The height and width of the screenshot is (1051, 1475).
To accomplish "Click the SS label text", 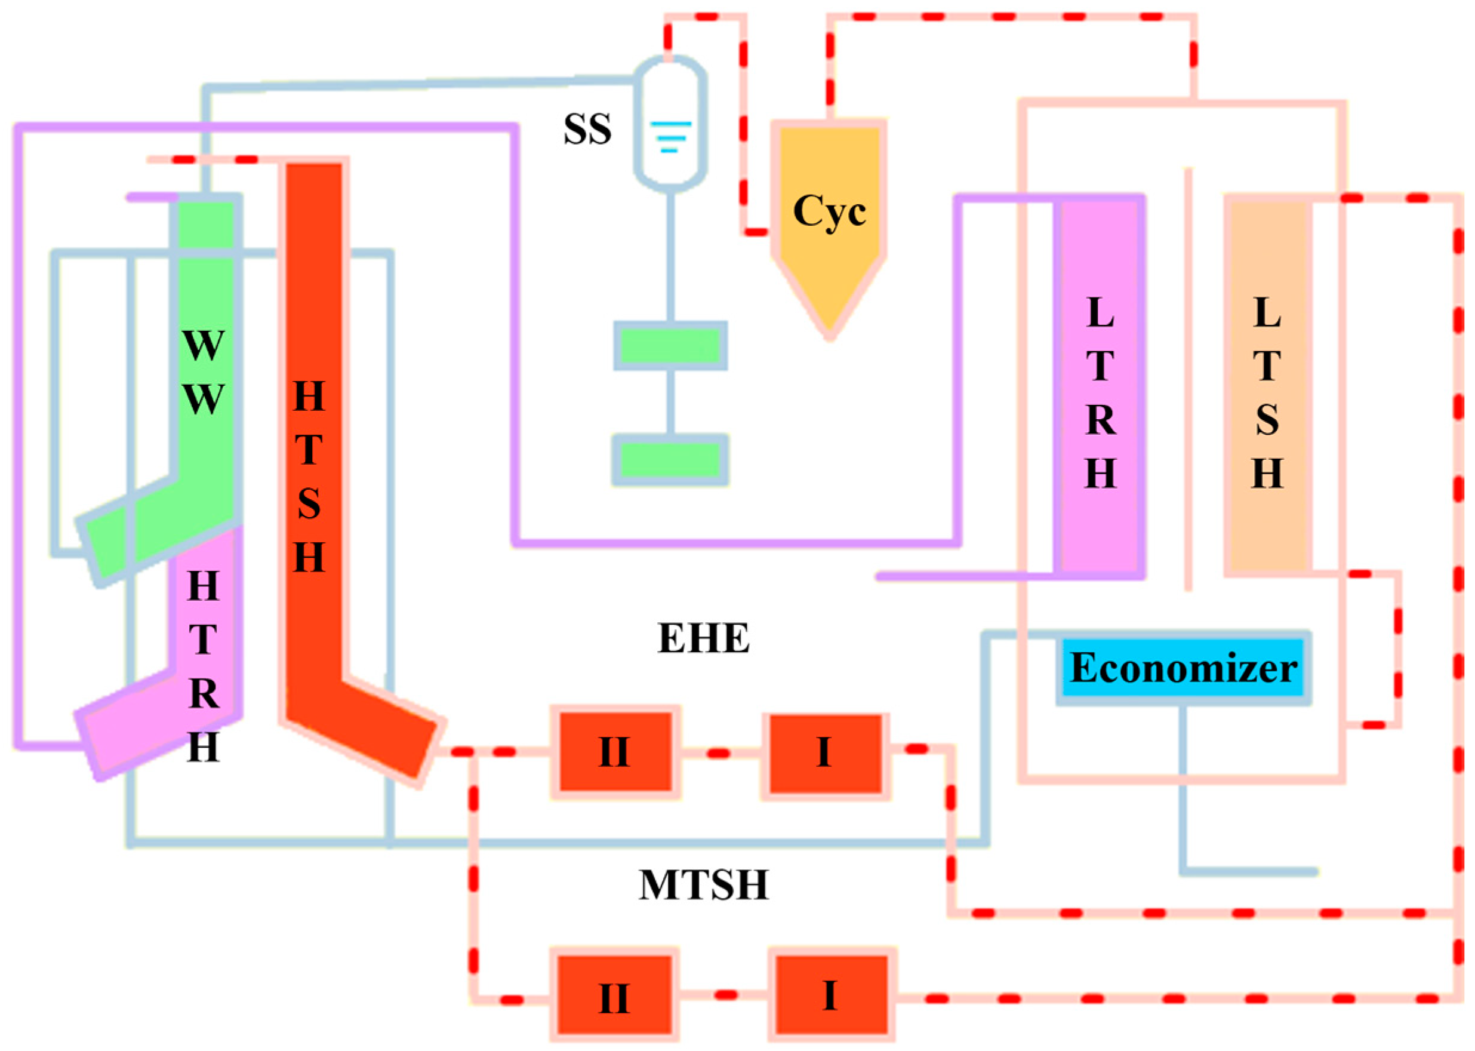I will pyautogui.click(x=587, y=130).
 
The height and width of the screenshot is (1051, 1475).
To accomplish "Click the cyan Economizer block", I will pyautogui.click(x=1183, y=668).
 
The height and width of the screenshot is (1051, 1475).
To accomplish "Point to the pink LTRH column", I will pyautogui.click(x=1100, y=388).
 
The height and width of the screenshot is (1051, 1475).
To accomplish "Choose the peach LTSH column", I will pyautogui.click(x=1267, y=388).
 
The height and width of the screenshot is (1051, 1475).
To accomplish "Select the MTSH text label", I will pyautogui.click(x=704, y=884).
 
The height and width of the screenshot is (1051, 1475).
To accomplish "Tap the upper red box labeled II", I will pyautogui.click(x=615, y=751).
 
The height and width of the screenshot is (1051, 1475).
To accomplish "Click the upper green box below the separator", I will pyautogui.click(x=670, y=346).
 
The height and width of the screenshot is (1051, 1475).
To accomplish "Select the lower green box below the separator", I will pyautogui.click(x=670, y=459).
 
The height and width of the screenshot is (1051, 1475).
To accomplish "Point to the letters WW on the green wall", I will pyautogui.click(x=203, y=372).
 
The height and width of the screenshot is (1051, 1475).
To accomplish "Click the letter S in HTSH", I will pyautogui.click(x=309, y=503).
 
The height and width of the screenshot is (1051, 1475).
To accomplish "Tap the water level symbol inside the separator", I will pyautogui.click(x=670, y=137).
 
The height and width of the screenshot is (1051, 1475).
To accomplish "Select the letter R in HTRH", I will pyautogui.click(x=203, y=693).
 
